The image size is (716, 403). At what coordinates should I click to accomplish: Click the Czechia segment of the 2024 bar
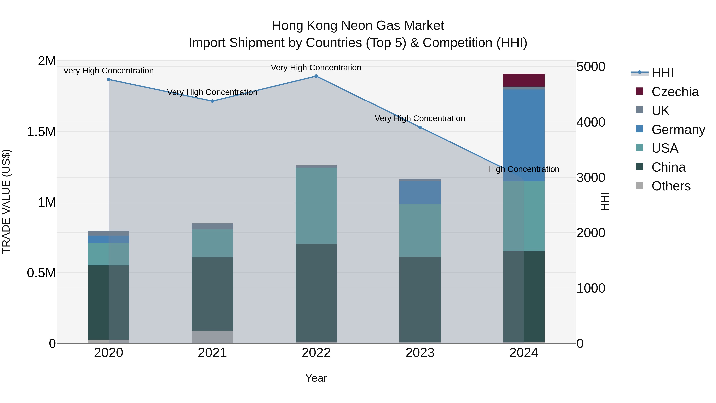tap(524, 80)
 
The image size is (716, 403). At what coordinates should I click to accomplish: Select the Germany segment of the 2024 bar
tap(524, 135)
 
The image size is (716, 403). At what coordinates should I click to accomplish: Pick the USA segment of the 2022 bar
tap(316, 206)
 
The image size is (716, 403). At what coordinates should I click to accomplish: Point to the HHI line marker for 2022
tap(316, 76)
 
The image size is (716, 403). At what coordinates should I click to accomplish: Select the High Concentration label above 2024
tap(524, 169)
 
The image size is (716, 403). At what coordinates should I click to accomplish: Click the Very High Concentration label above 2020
tap(108, 71)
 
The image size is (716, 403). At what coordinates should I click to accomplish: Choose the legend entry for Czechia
tap(675, 92)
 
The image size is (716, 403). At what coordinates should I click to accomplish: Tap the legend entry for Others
tap(671, 186)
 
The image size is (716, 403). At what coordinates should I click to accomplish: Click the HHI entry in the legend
tap(662, 73)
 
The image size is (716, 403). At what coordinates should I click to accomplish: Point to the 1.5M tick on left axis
tap(41, 132)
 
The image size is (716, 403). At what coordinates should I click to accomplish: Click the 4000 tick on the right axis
tap(591, 122)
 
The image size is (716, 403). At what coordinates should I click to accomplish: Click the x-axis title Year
tap(316, 378)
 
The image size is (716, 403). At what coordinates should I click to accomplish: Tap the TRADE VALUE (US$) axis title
tap(6, 201)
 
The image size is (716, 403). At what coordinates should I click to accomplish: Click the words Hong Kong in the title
tap(305, 26)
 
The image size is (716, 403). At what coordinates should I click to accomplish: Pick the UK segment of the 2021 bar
tap(212, 226)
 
